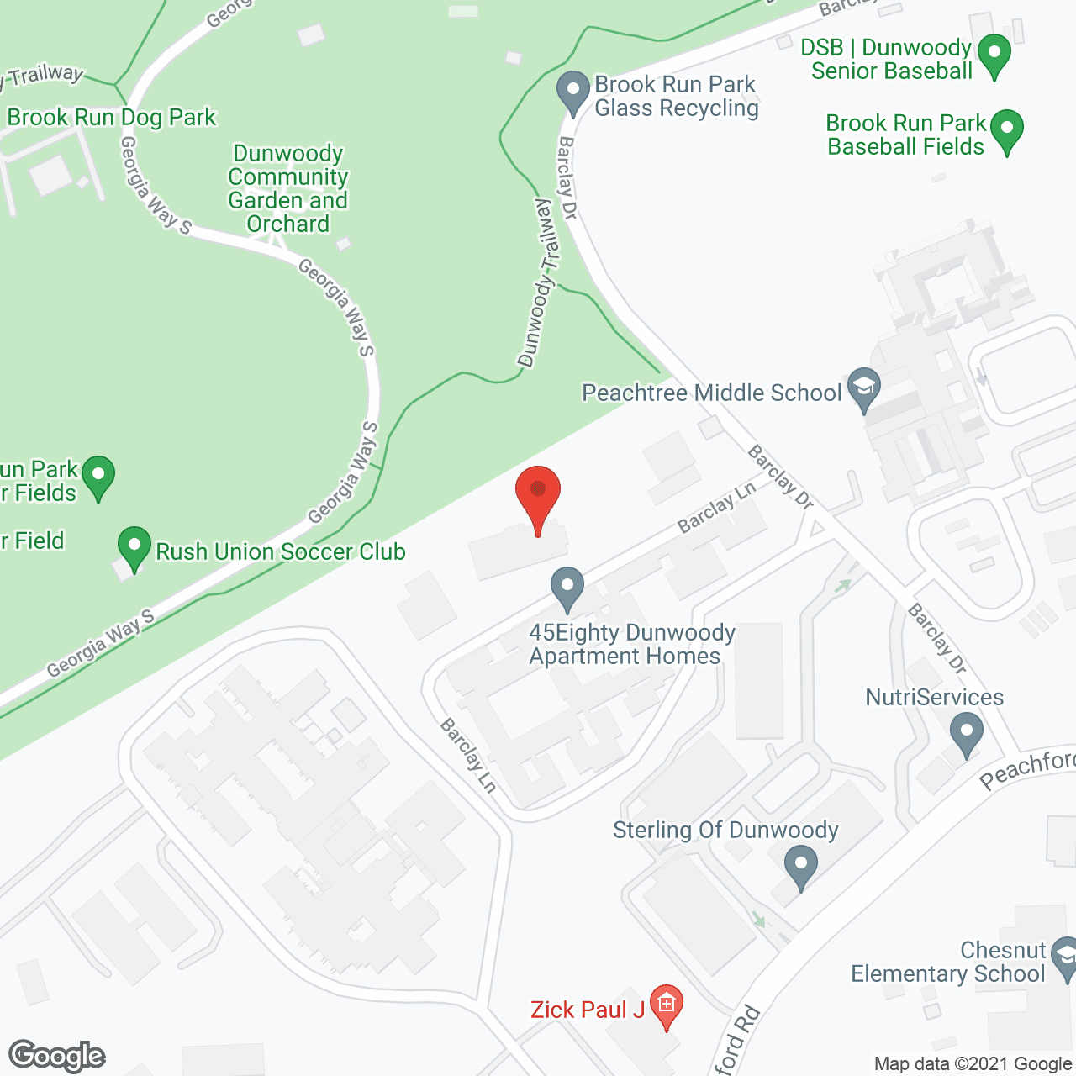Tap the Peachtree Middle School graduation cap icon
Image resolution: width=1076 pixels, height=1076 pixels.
[863, 388]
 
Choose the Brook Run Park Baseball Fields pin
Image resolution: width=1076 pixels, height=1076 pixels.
[1006, 130]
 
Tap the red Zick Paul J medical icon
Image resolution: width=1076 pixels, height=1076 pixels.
[667, 1004]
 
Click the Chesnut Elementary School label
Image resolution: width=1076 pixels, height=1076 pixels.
[947, 963]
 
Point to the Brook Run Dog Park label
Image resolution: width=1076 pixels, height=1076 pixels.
[112, 117]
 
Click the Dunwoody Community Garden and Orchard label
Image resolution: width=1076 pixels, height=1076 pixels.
[288, 188]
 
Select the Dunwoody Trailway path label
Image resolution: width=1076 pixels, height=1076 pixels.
[541, 282]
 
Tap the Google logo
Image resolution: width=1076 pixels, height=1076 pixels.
[57, 1056]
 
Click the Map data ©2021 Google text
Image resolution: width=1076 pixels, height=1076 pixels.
[973, 1064]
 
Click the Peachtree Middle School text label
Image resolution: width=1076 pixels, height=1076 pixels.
[711, 393]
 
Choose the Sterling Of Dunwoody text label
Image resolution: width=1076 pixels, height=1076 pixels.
[725, 830]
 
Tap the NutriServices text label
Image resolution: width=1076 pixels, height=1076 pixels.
[934, 697]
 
